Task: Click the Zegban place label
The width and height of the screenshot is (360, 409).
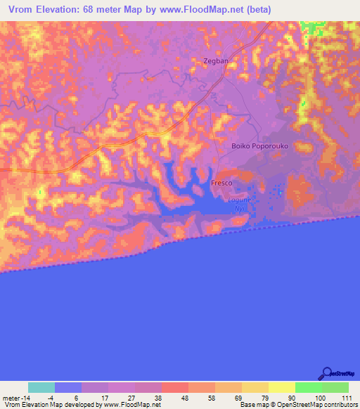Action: coord(216,61)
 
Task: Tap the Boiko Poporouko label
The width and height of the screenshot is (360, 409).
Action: coord(260,145)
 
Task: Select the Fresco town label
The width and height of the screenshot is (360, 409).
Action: coord(221,183)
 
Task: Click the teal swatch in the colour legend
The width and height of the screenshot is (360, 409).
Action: coord(41,387)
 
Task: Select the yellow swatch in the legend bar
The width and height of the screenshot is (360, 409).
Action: coord(281,387)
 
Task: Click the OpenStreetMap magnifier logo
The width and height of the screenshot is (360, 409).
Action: coord(326,373)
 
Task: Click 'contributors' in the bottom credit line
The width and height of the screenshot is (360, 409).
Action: coord(339,405)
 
